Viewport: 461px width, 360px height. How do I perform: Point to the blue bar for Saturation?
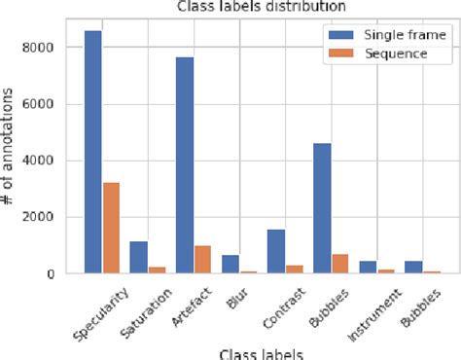click(x=139, y=258)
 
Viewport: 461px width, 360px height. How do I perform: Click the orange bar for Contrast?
click(x=293, y=270)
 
